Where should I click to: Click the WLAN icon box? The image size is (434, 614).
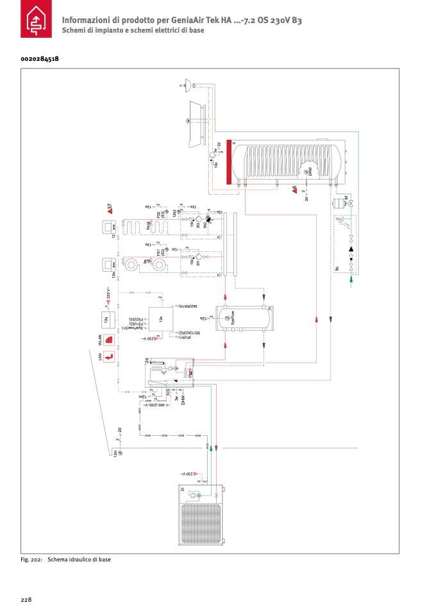coord(110,340)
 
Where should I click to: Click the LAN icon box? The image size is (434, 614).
coord(110,357)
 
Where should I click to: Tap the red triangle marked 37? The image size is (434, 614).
coord(110,207)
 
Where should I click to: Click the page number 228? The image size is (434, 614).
coord(26,600)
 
